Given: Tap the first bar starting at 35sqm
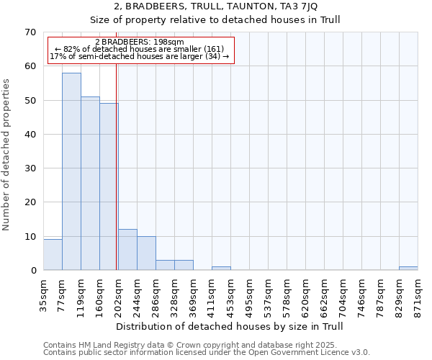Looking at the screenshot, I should (53, 255).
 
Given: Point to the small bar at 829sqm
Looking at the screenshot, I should (408, 269).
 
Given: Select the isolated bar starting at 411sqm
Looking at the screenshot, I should (221, 269).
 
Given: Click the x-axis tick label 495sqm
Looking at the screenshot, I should (249, 297).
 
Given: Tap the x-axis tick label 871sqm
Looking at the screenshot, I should (418, 297).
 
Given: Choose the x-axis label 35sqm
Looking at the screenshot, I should (43, 297).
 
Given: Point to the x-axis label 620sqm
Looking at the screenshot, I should (305, 297).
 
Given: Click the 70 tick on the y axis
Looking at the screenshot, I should (30, 32).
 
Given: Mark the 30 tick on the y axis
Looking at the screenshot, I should (30, 168).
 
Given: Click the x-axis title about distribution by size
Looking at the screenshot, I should (230, 326).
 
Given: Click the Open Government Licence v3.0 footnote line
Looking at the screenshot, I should (206, 352).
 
